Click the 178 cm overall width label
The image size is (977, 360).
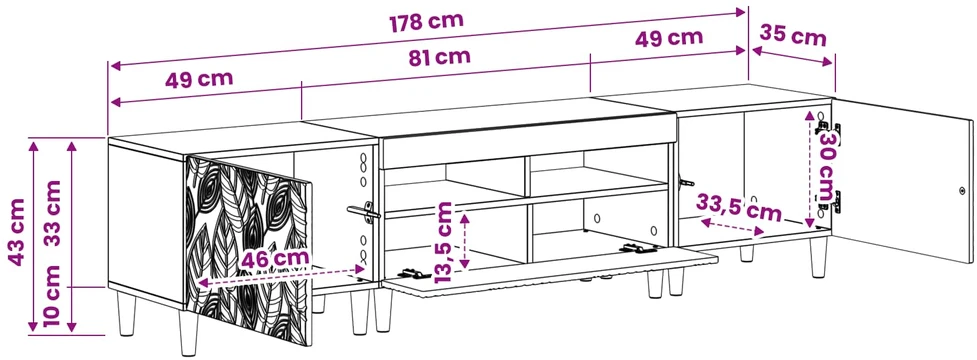(427, 22)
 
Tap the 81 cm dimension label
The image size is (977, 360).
(439, 57)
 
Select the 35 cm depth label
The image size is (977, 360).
(793, 36)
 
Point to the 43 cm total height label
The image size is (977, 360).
(16, 232)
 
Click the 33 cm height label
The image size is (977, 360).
(53, 213)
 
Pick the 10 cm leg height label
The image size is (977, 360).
(53, 296)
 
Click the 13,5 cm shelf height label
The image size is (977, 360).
(444, 242)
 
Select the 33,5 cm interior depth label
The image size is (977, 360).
(738, 207)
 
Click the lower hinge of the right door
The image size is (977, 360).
(829, 200)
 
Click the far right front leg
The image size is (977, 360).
(819, 256)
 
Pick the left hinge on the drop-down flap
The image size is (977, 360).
(413, 273)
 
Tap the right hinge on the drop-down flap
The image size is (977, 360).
(638, 249)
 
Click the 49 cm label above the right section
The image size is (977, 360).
(669, 38)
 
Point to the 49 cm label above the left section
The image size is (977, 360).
(199, 80)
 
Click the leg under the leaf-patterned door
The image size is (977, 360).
(189, 331)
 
